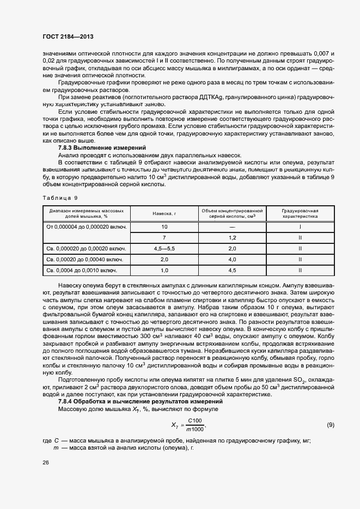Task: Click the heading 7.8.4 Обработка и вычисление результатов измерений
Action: coord(133,401)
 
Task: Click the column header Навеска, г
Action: coord(164,213)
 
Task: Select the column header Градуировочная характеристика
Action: coord(300,213)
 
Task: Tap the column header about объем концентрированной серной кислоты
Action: coord(232,213)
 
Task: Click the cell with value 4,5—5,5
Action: coord(164,248)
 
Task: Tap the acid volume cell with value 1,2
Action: coord(232,238)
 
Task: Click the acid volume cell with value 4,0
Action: coord(232,259)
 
